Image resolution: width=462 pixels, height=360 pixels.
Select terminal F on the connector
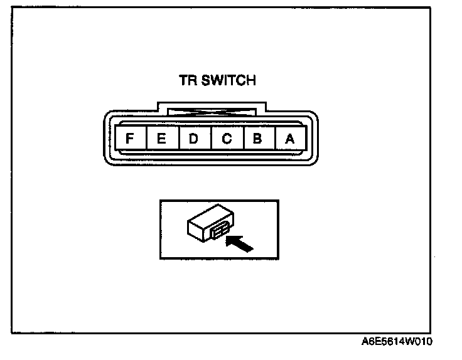coord(130,138)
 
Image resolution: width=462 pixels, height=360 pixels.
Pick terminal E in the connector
coord(162,138)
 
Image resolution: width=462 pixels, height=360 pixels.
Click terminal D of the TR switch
coord(194,138)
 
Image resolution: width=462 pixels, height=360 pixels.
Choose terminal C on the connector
coord(226,138)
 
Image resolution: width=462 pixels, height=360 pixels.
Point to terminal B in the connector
coord(257,138)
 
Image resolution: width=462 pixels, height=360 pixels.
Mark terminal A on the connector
coord(289,138)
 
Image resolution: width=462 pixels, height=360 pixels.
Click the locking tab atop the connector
coord(210,110)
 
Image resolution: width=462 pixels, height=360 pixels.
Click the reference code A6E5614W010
coord(397,342)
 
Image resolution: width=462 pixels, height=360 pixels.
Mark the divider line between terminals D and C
coord(210,138)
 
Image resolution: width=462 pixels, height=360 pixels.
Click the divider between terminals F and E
coord(146,138)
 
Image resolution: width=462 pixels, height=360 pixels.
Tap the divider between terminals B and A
coord(274,138)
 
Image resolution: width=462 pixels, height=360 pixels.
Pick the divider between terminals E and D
coord(178,138)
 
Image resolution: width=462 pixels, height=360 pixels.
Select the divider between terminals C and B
coord(242,138)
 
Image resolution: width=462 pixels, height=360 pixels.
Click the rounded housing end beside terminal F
coord(109,138)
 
